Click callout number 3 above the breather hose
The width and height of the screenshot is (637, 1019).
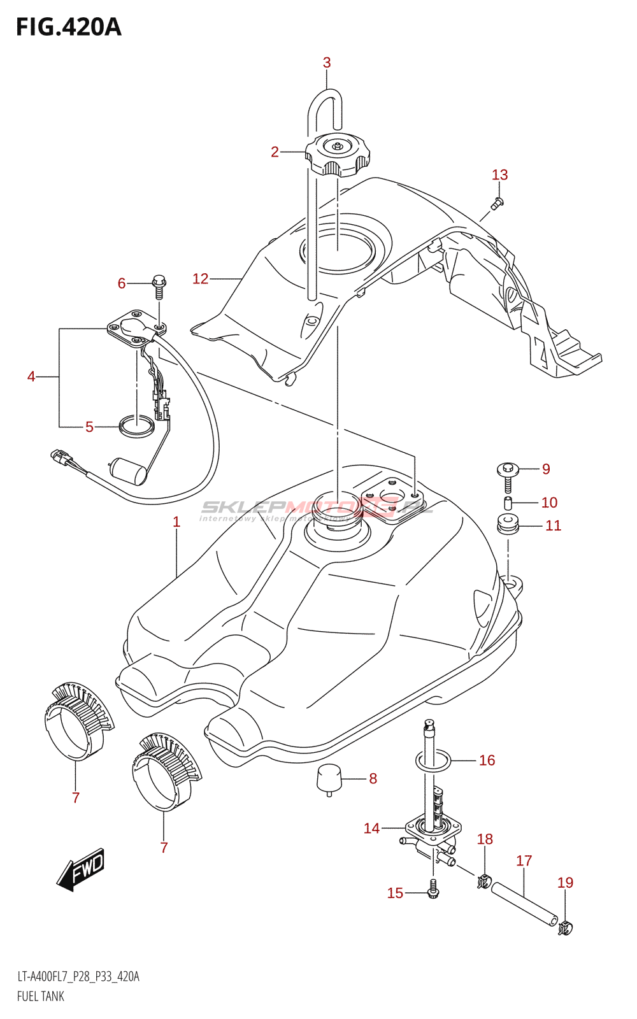click(x=327, y=62)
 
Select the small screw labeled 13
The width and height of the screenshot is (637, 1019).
click(x=499, y=203)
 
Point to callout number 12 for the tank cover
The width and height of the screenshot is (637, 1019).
click(x=200, y=278)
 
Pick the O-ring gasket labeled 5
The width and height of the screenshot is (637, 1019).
click(x=136, y=427)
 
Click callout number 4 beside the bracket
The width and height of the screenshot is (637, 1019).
click(x=31, y=376)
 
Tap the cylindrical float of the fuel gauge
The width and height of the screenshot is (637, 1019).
click(x=130, y=471)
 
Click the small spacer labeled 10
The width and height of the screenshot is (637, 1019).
click(x=508, y=503)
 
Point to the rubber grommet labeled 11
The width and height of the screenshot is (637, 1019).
click(x=508, y=526)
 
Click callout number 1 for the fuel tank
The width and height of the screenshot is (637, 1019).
click(x=176, y=522)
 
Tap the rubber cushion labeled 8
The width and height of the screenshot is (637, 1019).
click(x=329, y=778)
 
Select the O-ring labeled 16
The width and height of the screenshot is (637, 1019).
click(x=433, y=760)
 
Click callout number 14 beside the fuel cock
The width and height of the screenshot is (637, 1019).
click(x=371, y=828)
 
